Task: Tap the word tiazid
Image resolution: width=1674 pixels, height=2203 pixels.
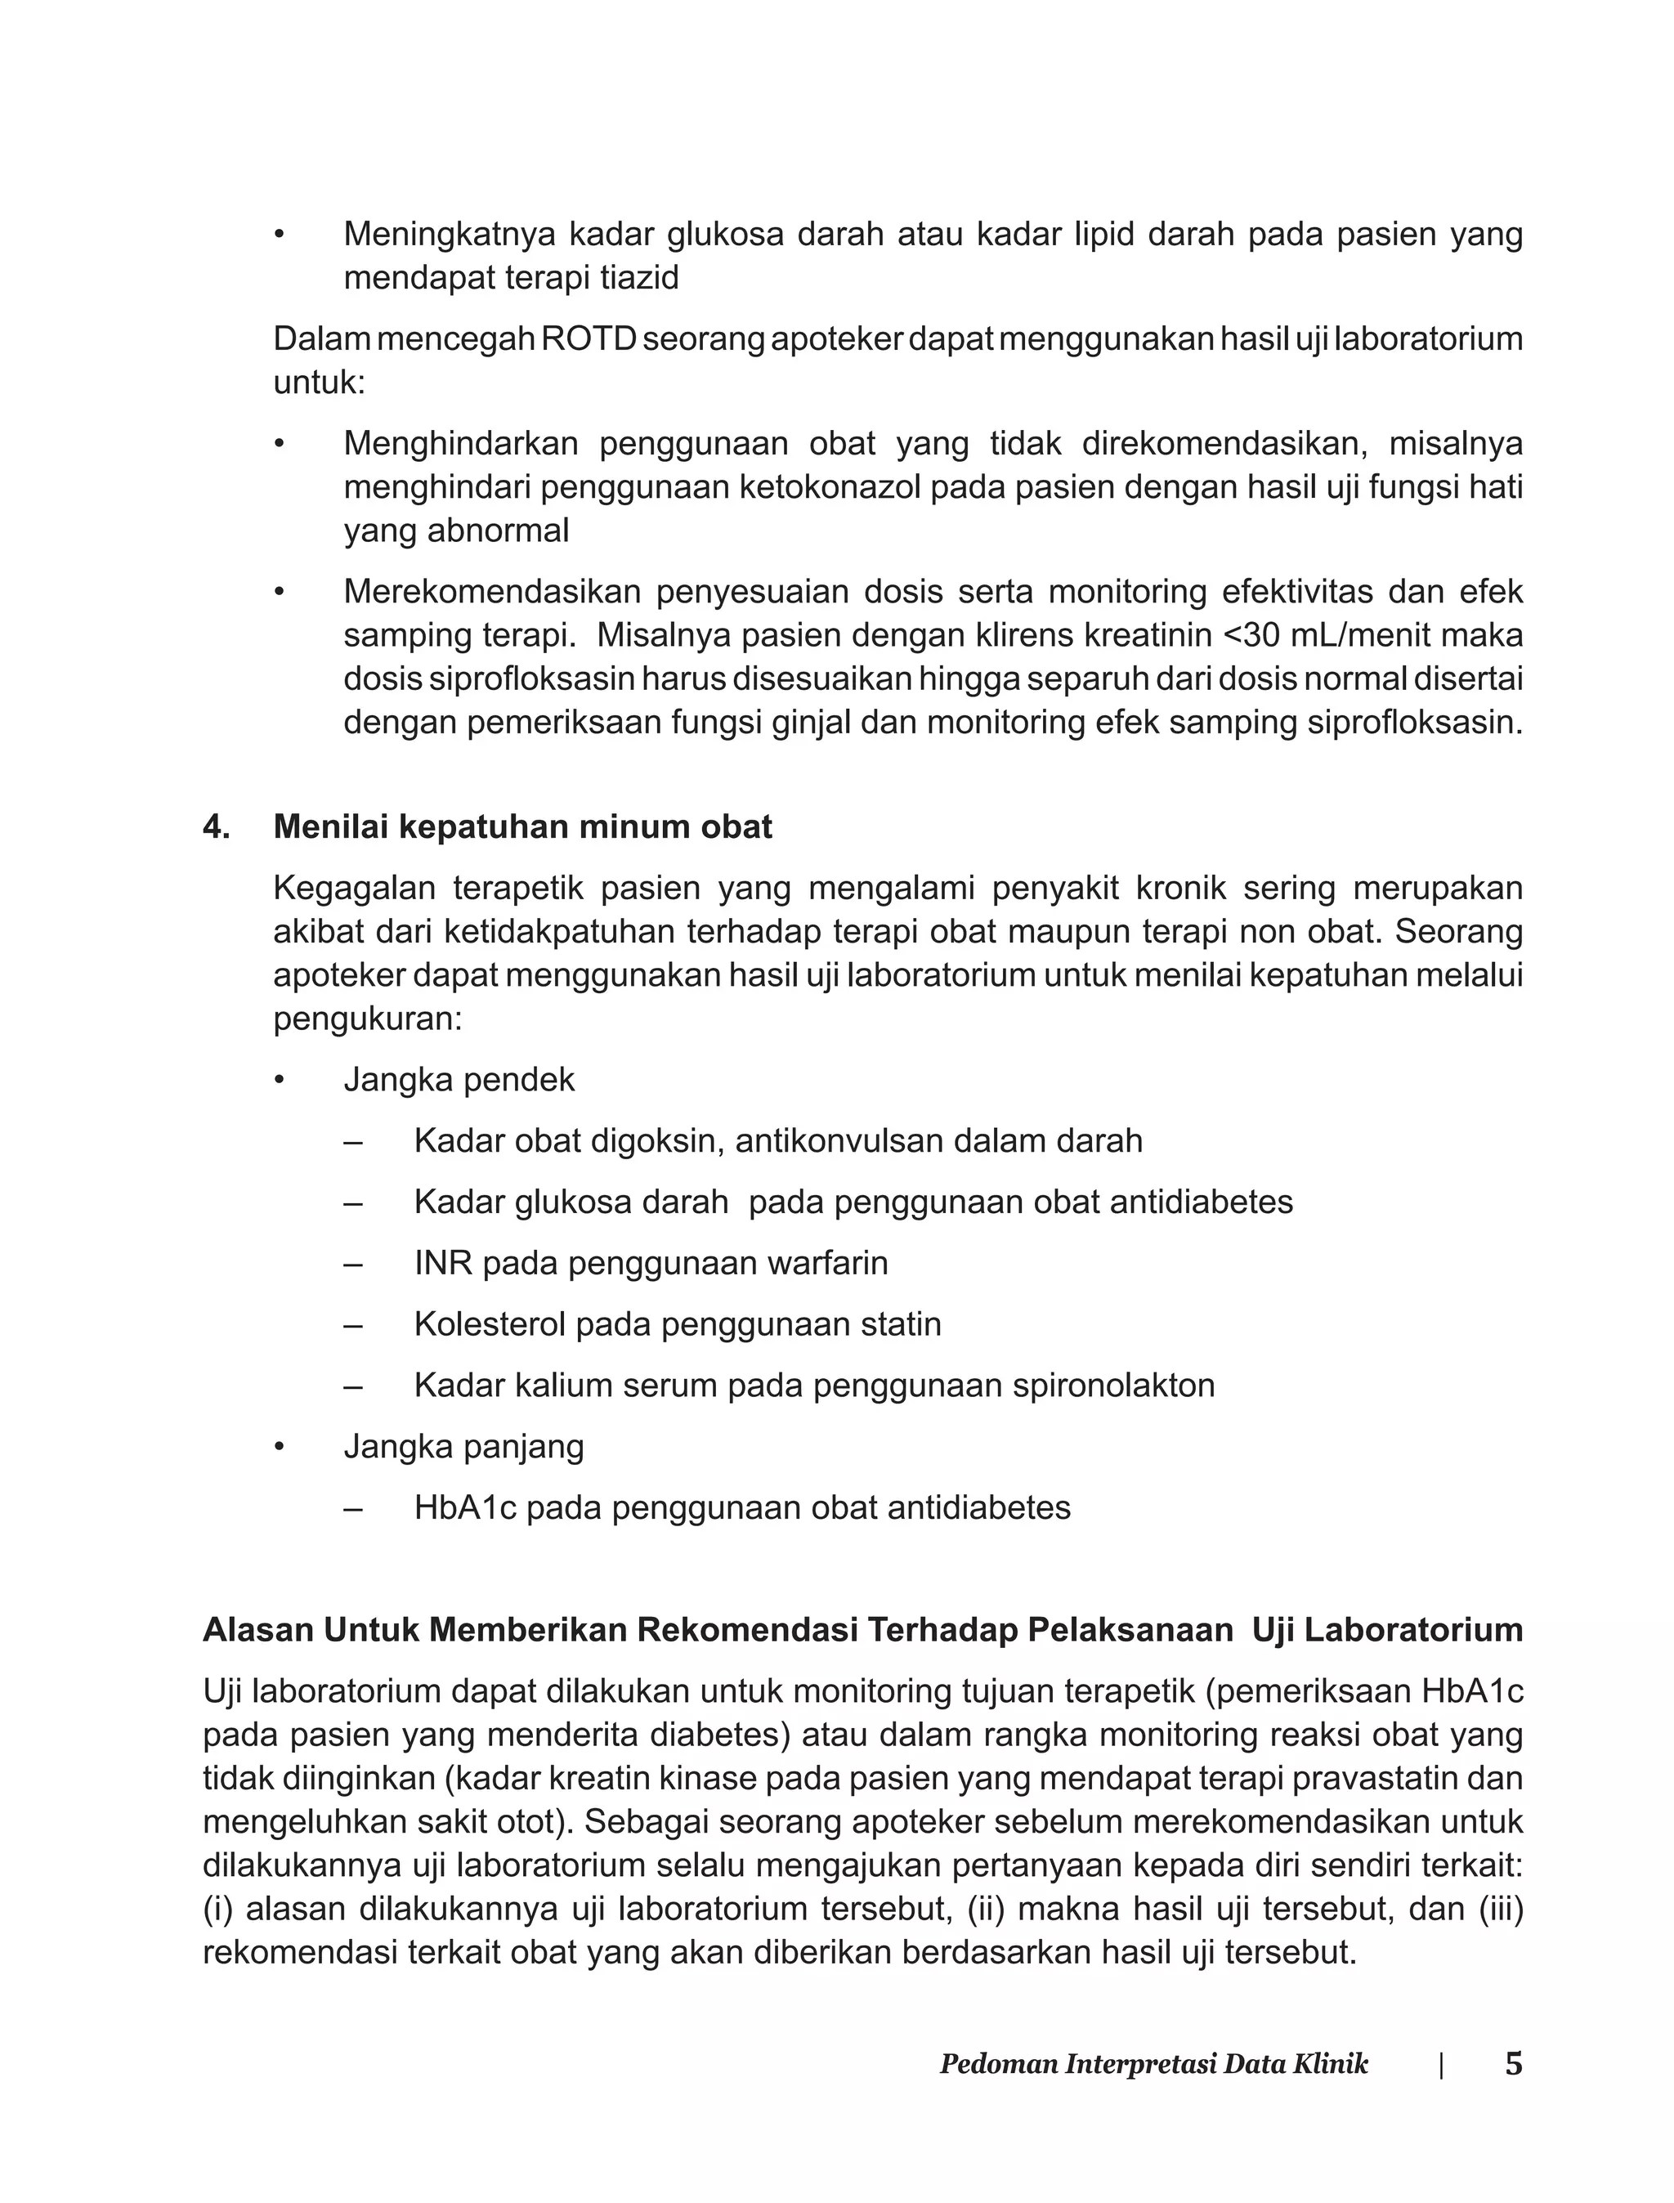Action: (638, 278)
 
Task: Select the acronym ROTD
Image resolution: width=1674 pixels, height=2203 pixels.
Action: (588, 338)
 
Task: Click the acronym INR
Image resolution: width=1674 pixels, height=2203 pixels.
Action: (443, 1262)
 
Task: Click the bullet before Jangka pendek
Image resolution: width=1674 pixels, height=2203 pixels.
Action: (280, 1080)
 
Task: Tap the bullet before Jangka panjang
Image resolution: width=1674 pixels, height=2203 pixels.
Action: (280, 1447)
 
